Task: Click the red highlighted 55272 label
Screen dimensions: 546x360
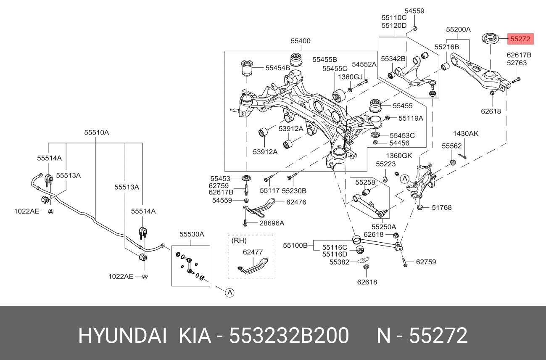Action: [520, 39]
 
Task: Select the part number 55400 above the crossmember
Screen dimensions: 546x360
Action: [301, 41]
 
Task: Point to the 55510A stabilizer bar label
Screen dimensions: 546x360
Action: [97, 132]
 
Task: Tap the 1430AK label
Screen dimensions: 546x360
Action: [466, 134]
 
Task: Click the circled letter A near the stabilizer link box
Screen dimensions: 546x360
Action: [229, 293]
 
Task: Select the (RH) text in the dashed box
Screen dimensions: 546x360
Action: [239, 241]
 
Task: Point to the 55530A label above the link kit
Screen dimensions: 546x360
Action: [192, 234]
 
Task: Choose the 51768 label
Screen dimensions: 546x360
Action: [442, 208]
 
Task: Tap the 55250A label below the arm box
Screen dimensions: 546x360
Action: [384, 227]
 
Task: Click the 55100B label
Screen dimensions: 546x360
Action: [295, 245]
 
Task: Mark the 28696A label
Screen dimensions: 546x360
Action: [272, 223]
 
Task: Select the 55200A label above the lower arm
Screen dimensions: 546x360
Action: [458, 29]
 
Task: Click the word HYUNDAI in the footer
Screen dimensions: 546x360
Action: [122, 336]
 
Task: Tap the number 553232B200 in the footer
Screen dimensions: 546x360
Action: [289, 336]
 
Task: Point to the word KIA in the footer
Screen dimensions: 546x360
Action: [195, 336]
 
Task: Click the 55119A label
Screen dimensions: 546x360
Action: [411, 118]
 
